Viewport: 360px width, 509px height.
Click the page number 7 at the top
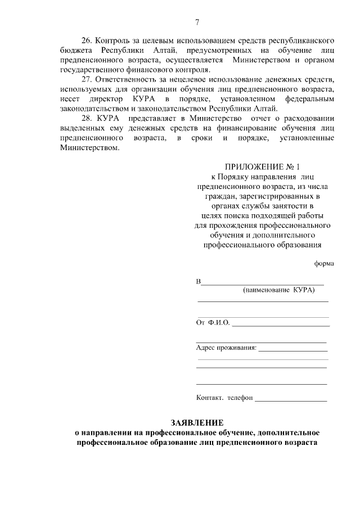pos(197,23)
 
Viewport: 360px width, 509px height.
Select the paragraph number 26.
pos(88,42)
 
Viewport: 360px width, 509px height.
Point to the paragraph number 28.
pos(88,119)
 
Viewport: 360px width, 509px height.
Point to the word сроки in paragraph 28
pos(201,138)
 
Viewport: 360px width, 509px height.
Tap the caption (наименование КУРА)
pos(278,290)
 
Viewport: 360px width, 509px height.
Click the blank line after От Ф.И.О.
pos(281,325)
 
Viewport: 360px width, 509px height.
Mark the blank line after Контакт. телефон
pos(291,400)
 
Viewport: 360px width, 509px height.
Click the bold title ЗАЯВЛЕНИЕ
pos(197,422)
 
